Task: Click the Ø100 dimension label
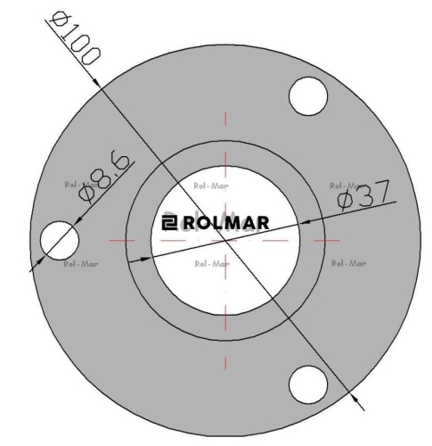point(75,38)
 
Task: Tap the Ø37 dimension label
point(363,194)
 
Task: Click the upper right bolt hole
point(308,96)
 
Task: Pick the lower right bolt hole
point(308,384)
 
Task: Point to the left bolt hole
point(60,240)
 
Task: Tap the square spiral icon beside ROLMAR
point(169,223)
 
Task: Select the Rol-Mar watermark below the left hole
point(81,264)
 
